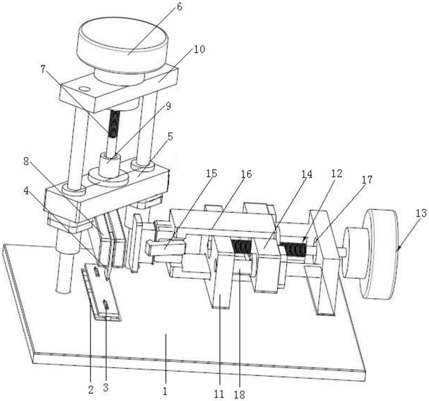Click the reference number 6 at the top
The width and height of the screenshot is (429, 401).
click(x=179, y=7)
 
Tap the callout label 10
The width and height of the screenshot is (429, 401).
click(x=199, y=49)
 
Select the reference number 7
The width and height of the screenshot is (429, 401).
click(x=42, y=70)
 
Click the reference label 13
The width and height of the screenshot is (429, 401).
click(x=422, y=213)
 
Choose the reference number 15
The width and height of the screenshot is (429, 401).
click(x=211, y=174)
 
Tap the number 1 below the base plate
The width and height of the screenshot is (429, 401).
click(x=165, y=392)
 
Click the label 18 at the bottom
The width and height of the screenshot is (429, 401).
click(x=240, y=394)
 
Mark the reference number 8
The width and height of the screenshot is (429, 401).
click(x=26, y=162)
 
